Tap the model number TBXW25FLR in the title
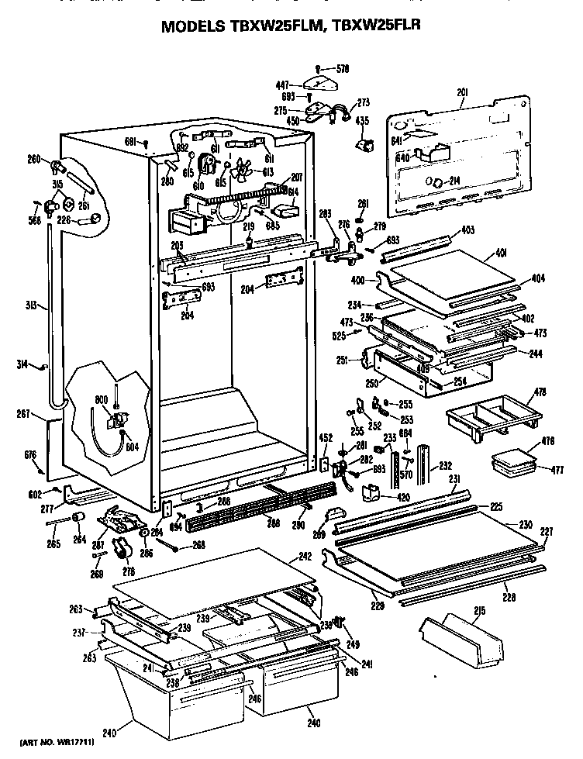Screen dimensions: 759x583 pyautogui.click(x=385, y=27)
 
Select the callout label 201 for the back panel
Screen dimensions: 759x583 pyautogui.click(x=462, y=92)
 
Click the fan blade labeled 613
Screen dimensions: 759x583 pyautogui.click(x=243, y=172)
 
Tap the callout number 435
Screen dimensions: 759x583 pyautogui.click(x=361, y=122)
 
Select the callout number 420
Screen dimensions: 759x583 pyautogui.click(x=403, y=498)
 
